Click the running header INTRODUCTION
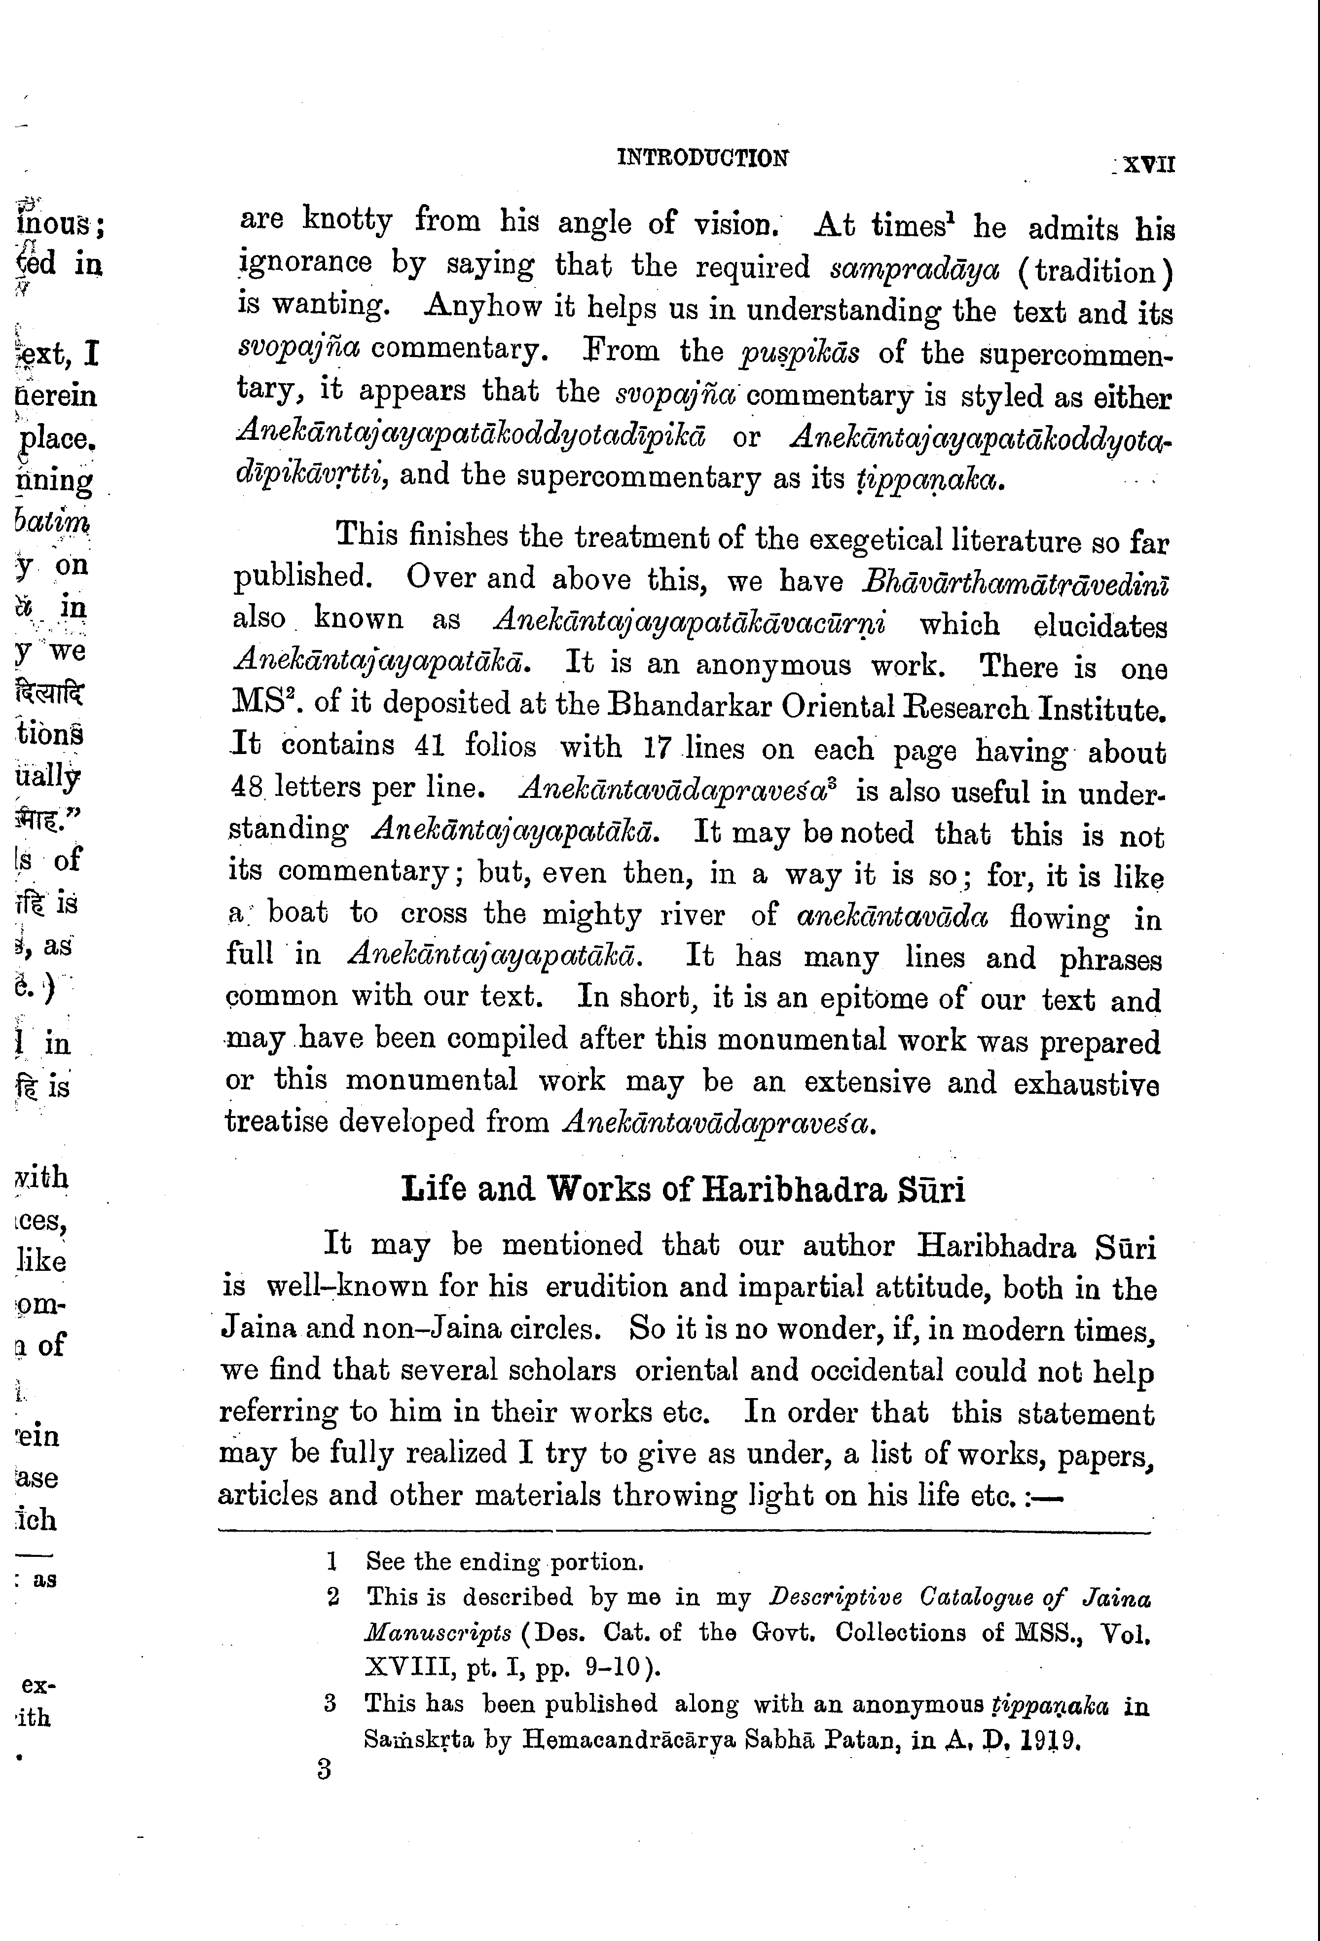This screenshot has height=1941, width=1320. coord(702,158)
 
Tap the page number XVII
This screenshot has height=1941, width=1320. coord(1149,164)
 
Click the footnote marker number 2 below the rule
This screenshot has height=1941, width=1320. coord(332,1598)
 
